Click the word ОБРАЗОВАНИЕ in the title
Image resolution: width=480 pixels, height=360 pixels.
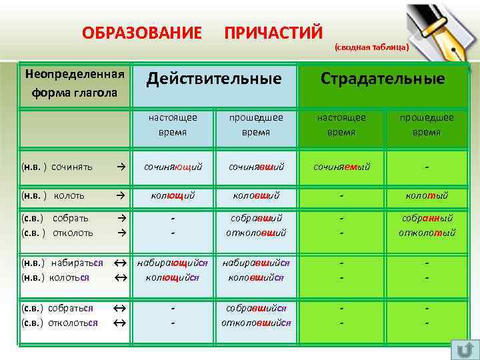point(141,32)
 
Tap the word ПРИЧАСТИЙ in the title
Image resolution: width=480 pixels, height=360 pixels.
point(273,32)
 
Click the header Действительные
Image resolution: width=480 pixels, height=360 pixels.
point(214,79)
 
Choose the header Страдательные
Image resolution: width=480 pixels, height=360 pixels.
point(382,79)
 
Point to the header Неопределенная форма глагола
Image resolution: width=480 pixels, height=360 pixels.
point(75,83)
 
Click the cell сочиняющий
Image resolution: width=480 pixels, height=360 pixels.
point(173,166)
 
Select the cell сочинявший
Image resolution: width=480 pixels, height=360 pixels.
point(257,166)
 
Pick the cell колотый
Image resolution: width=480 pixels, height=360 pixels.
point(427,195)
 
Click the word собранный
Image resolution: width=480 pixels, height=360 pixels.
point(427,218)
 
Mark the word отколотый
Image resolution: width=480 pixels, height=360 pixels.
point(427,233)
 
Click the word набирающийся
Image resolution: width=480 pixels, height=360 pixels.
point(173,263)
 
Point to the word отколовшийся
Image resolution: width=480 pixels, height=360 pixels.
point(257,322)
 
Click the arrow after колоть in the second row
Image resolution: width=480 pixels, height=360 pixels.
point(120,195)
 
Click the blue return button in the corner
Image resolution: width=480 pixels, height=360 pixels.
point(465,349)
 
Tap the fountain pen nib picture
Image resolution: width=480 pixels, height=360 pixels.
point(441,30)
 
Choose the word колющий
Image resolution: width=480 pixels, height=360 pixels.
point(173,195)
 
